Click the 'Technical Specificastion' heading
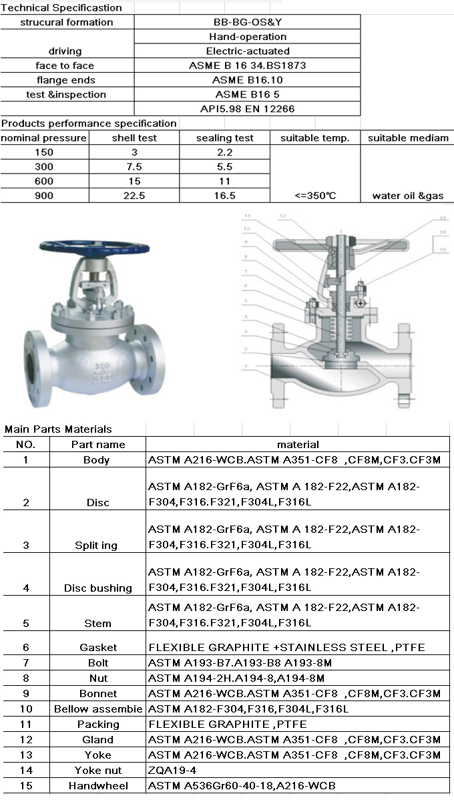pos(61,8)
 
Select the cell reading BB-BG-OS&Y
pos(248,22)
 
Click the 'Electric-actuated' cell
pos(248,51)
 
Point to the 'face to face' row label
pos(65,65)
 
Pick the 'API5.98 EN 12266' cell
pos(248,108)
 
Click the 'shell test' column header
pos(134,138)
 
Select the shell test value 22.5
pos(134,196)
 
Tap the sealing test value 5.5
pos(225,166)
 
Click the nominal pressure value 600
pos(44,181)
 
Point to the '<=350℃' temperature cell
pos(316,196)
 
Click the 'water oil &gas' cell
pos(407,196)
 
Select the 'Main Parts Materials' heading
pos(59,429)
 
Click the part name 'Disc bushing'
pos(97,588)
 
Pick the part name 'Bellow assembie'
pos(98,709)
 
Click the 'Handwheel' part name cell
pos(97,786)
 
